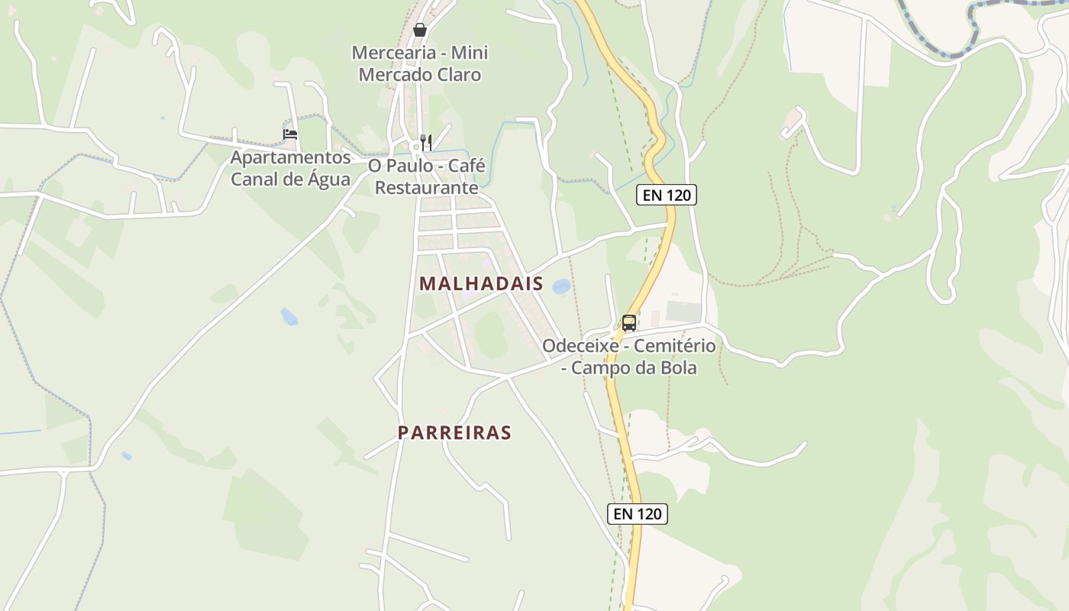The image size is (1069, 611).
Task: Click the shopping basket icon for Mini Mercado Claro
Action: (x=419, y=31)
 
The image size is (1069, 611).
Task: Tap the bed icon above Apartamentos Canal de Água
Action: (x=290, y=134)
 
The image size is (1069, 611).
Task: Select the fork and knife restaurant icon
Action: (x=426, y=142)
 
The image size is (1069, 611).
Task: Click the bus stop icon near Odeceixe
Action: (x=628, y=323)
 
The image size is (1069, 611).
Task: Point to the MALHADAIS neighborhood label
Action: (x=481, y=284)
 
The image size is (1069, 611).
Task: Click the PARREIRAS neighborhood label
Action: (x=454, y=433)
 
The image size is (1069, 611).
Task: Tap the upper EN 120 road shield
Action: (x=667, y=195)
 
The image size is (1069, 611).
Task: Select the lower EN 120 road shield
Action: (x=638, y=514)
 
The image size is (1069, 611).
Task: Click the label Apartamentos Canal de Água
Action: (x=291, y=169)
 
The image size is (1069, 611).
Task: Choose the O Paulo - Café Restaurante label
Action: (x=427, y=176)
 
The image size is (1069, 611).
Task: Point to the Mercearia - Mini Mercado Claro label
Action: (x=420, y=63)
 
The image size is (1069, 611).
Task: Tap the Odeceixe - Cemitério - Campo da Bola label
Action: (x=629, y=357)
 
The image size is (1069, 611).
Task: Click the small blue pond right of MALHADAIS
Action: (x=561, y=286)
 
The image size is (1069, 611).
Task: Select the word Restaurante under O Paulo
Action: (x=427, y=188)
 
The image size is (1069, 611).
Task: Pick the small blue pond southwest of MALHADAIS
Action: (x=289, y=316)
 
